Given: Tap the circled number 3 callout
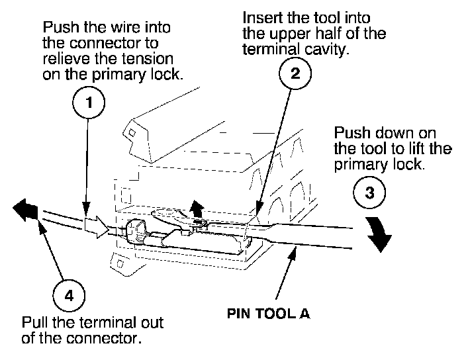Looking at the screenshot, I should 370,193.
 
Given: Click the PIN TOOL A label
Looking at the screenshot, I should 268,314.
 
